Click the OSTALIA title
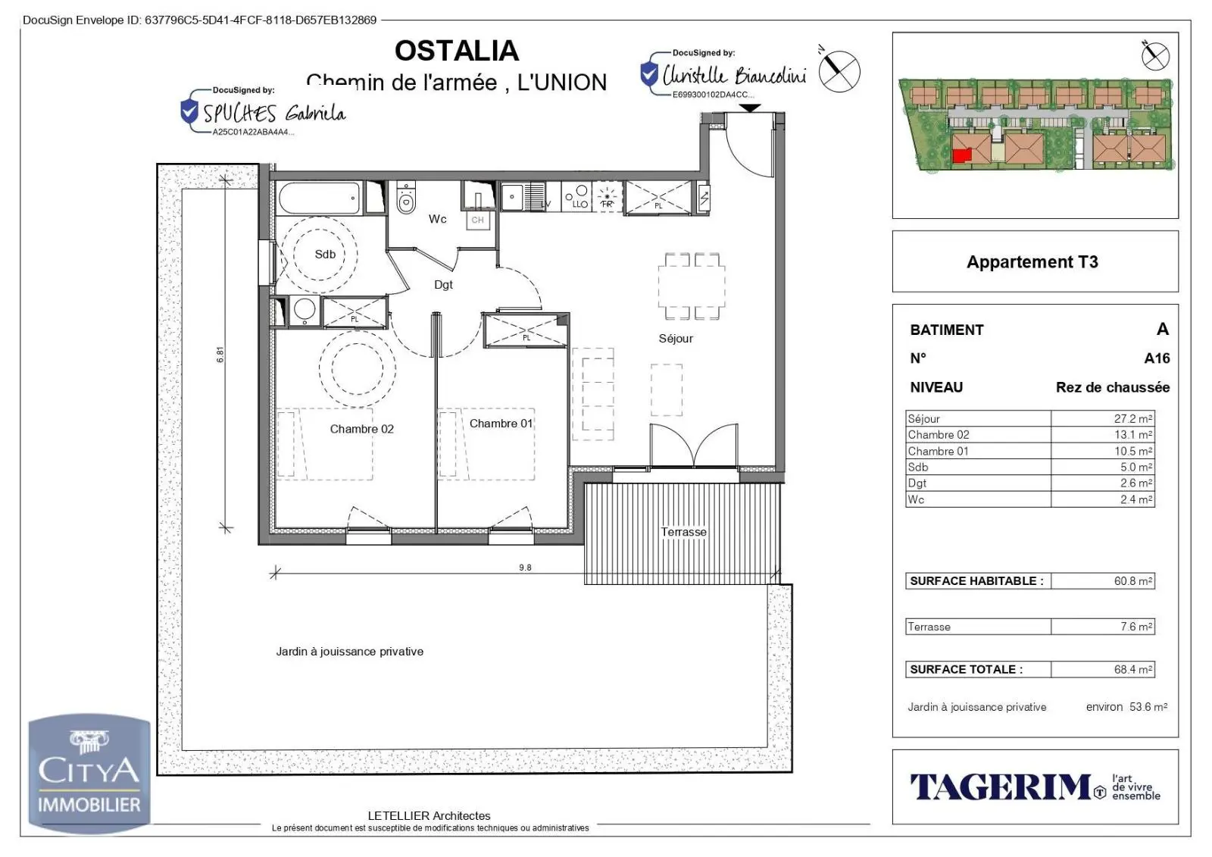pos(456,51)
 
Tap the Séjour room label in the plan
pos(676,339)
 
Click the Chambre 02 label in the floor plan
pos(361,429)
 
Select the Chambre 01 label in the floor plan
pos(501,424)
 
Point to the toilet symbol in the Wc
pos(407,199)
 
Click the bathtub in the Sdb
pos(320,199)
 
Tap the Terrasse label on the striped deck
pos(683,532)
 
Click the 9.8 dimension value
pos(525,568)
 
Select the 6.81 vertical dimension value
pos(220,355)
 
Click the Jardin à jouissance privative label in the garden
pos(349,652)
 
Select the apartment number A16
pos(1157,358)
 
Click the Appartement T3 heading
pos(1032,262)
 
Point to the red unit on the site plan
pos(961,156)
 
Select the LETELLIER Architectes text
pos(429,816)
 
